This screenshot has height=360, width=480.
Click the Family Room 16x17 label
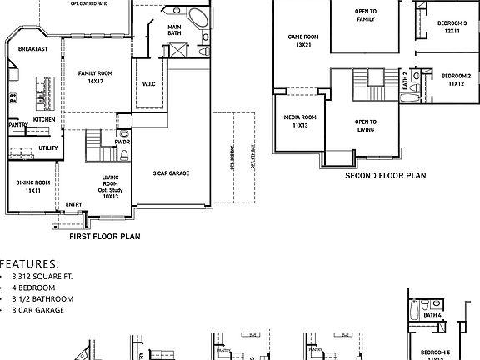click(x=95, y=77)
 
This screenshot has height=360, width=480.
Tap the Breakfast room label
click(x=32, y=49)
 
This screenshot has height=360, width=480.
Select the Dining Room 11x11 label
click(x=33, y=186)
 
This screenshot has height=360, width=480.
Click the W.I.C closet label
click(x=149, y=83)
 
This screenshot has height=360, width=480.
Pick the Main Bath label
click(x=174, y=30)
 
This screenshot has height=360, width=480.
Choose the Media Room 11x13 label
click(x=300, y=121)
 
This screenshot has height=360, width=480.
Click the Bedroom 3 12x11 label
click(x=452, y=27)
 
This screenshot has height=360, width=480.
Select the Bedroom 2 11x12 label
click(x=456, y=80)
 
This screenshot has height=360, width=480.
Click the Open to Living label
click(x=365, y=126)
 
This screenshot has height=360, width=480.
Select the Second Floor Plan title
click(x=385, y=176)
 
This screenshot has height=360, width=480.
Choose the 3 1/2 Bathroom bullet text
click(x=42, y=298)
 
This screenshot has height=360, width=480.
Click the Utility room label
click(x=48, y=147)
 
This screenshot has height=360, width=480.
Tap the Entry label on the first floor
click(x=73, y=204)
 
